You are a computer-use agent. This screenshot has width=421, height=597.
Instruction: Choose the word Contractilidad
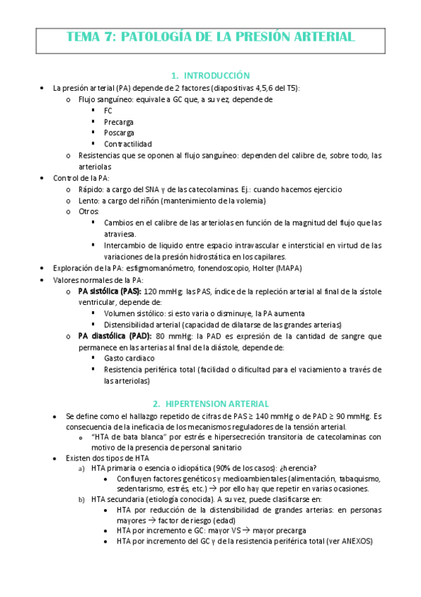pyautogui.click(x=127, y=144)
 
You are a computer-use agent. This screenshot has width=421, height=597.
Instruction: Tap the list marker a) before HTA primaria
pyautogui.click(x=81, y=468)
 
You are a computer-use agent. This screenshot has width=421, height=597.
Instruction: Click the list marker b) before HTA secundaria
pyautogui.click(x=81, y=502)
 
